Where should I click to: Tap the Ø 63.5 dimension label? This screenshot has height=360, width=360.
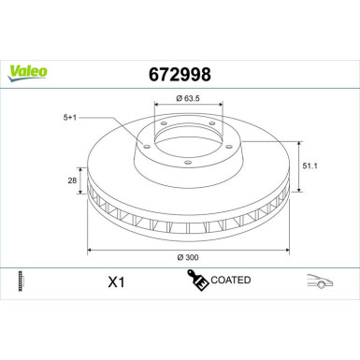192,98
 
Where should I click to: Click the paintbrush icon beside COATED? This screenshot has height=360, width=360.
196,280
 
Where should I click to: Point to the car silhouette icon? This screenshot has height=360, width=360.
321,280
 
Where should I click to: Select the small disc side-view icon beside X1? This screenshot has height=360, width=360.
21,280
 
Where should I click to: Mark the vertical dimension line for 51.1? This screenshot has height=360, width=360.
299,166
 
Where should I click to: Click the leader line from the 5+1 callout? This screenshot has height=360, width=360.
112,121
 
